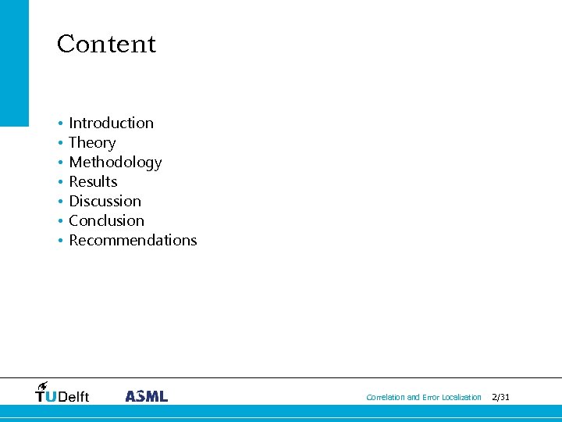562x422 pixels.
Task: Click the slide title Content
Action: (x=106, y=44)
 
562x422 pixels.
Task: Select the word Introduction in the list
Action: (x=111, y=123)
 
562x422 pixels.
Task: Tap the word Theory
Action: (x=92, y=142)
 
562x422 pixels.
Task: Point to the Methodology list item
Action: (x=115, y=162)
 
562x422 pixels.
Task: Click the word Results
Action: (x=93, y=181)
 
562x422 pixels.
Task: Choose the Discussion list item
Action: (x=105, y=201)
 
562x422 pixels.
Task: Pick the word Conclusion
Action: (x=106, y=220)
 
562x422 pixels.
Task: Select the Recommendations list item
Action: (x=133, y=240)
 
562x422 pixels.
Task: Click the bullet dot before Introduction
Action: (x=59, y=123)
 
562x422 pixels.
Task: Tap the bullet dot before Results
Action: (x=59, y=182)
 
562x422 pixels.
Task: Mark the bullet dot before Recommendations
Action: (x=59, y=241)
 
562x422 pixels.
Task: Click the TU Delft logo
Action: (x=62, y=393)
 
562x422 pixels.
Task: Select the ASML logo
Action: (x=146, y=395)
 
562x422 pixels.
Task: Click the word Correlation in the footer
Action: (x=386, y=398)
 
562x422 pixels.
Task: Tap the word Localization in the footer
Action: (x=461, y=398)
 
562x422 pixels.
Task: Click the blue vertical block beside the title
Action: (x=14, y=63)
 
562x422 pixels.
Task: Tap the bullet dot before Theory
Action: (x=59, y=143)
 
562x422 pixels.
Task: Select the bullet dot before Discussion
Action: (x=59, y=202)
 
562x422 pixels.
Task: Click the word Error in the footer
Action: (x=431, y=398)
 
